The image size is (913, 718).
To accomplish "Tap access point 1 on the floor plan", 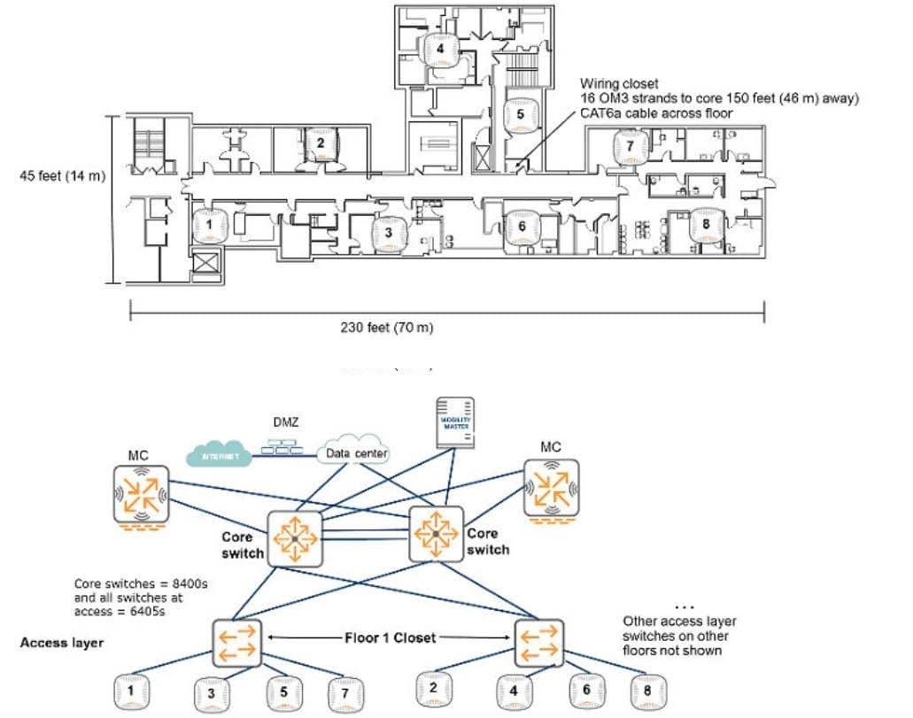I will [x=209, y=226].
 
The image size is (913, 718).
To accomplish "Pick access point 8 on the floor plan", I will [x=706, y=225].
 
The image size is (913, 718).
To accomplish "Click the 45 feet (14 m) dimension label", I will [x=62, y=176].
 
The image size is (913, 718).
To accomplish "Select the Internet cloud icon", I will [x=218, y=456].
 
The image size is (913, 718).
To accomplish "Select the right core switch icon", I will [x=437, y=533].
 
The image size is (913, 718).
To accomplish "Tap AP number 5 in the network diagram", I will [x=283, y=692].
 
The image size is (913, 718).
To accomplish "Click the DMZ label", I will [x=285, y=423].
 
